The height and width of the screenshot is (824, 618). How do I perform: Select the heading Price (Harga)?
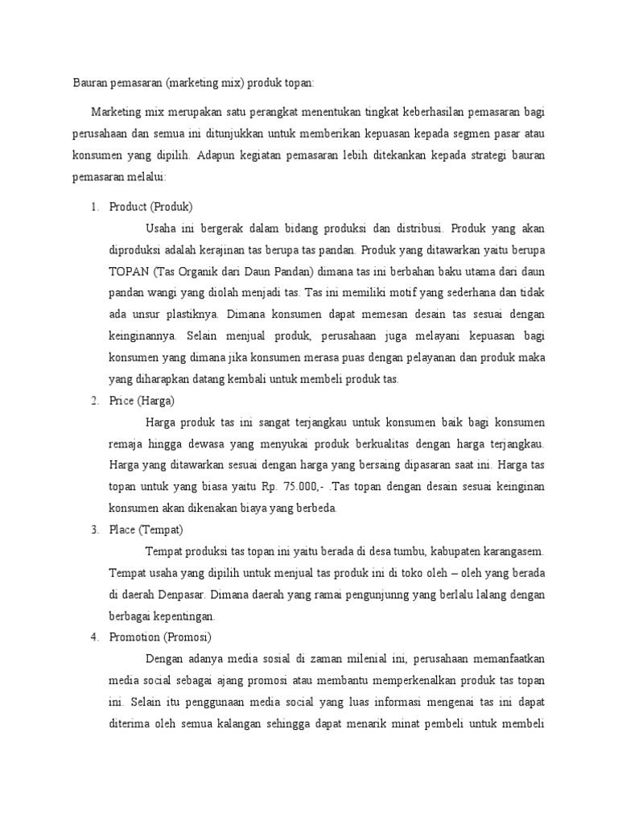[141, 401]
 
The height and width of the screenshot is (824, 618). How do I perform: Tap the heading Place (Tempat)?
[146, 529]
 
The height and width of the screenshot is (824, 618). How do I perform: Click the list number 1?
[93, 206]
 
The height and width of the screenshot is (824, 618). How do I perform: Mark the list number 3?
[93, 529]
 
